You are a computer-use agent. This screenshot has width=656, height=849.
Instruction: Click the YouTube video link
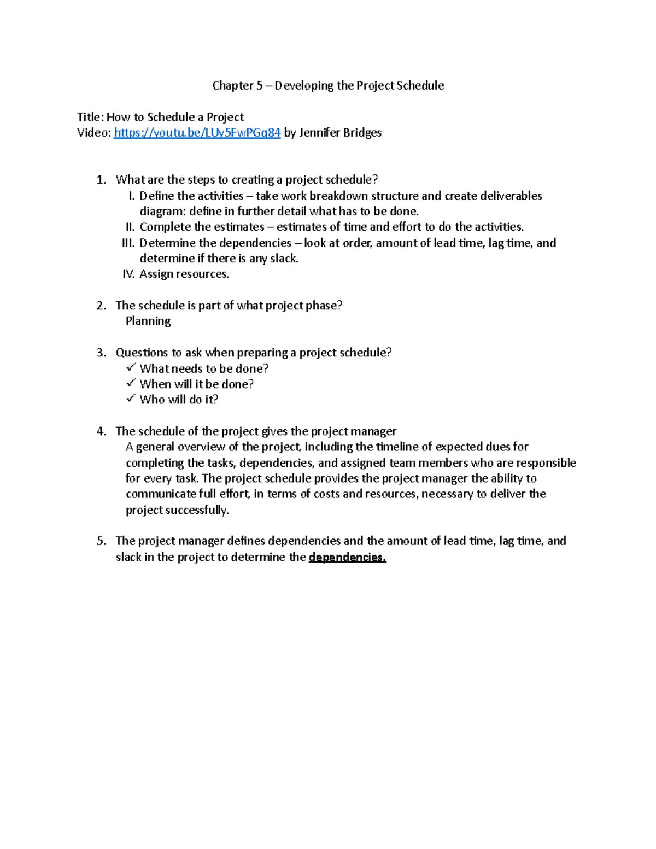point(197,133)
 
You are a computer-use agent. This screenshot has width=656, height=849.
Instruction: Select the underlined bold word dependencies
point(347,557)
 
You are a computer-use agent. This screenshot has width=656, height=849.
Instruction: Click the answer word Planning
point(148,321)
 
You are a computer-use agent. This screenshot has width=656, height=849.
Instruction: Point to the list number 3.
point(101,353)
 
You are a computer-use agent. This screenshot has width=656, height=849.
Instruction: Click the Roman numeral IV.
point(128,274)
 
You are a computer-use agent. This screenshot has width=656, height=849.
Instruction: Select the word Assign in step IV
point(155,274)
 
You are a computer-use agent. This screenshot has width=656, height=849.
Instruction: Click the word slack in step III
point(284,259)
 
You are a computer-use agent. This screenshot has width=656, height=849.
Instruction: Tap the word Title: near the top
point(90,117)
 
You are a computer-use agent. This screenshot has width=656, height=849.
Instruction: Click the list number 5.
point(101,541)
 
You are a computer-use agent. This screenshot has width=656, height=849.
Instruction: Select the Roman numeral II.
point(130,227)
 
